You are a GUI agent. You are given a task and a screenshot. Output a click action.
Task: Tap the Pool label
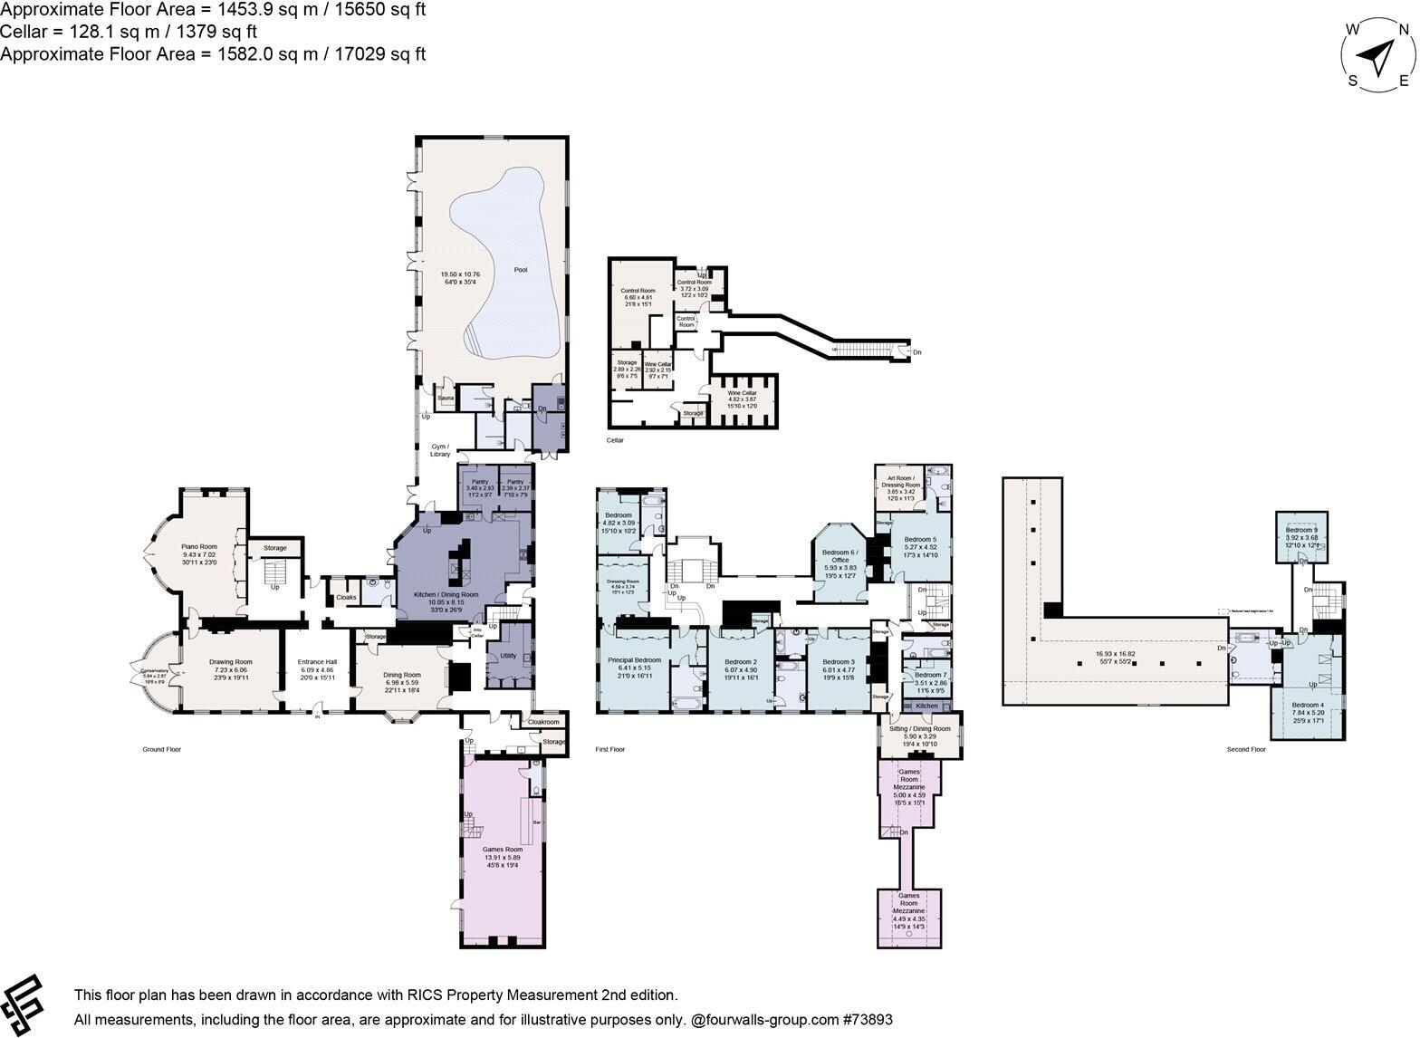pos(521,269)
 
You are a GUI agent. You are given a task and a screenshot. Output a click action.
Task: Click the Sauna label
pos(445,399)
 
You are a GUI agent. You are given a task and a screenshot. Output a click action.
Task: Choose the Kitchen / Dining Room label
pos(438,595)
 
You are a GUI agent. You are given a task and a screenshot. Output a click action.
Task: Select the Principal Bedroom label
pos(634,660)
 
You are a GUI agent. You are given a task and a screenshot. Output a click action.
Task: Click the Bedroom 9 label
pos(1303,529)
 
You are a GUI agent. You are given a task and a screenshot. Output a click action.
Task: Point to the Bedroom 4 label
pos(1308,705)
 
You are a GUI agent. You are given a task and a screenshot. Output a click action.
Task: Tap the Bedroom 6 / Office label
pos(840,556)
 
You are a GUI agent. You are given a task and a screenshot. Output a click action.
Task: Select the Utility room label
pos(508,655)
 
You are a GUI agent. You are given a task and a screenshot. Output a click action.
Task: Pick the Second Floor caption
pos(1245,749)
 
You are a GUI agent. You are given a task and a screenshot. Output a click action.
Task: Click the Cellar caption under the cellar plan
pos(616,440)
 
